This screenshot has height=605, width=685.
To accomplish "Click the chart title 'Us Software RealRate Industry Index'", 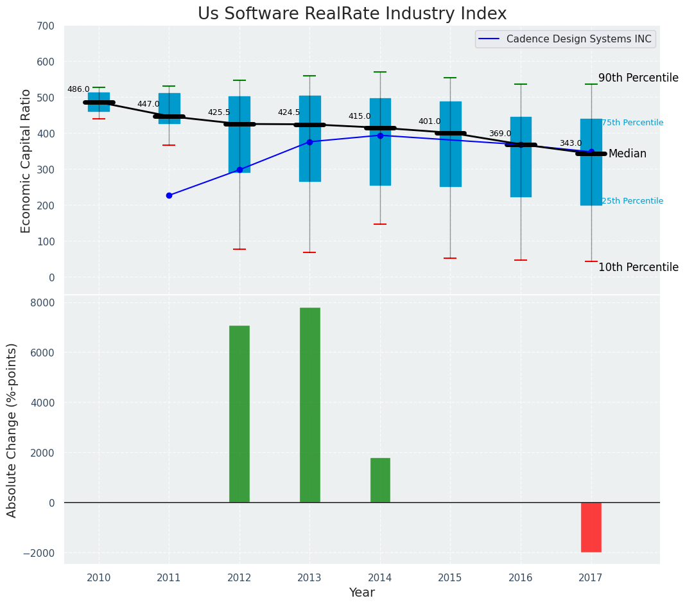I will (x=352, y=14).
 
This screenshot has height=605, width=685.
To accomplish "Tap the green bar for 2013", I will (x=309, y=405).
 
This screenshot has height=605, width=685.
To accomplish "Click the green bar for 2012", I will (x=239, y=414).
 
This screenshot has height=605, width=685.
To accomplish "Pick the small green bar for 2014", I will (x=380, y=480).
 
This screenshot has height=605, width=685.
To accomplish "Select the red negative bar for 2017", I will (x=591, y=527).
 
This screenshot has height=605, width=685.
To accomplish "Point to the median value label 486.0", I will (x=78, y=89).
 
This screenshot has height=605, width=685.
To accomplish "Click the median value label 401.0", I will (x=429, y=121).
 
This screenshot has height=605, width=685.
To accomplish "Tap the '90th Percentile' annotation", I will (x=638, y=78).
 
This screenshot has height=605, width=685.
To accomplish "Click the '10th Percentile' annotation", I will (x=638, y=267).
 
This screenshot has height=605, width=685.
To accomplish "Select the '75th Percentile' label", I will (x=632, y=123).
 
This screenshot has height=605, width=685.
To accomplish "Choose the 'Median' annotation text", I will (x=627, y=154).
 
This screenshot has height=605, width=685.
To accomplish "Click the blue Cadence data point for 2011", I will (x=169, y=195).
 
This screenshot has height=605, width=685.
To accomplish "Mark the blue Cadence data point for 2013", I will (x=309, y=142).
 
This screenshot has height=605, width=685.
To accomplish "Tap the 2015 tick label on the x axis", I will (x=450, y=577).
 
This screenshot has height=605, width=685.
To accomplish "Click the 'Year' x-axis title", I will (x=361, y=593).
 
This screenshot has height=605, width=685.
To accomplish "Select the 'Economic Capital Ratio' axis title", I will (x=26, y=161).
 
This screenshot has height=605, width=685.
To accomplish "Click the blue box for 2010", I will (x=99, y=102).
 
